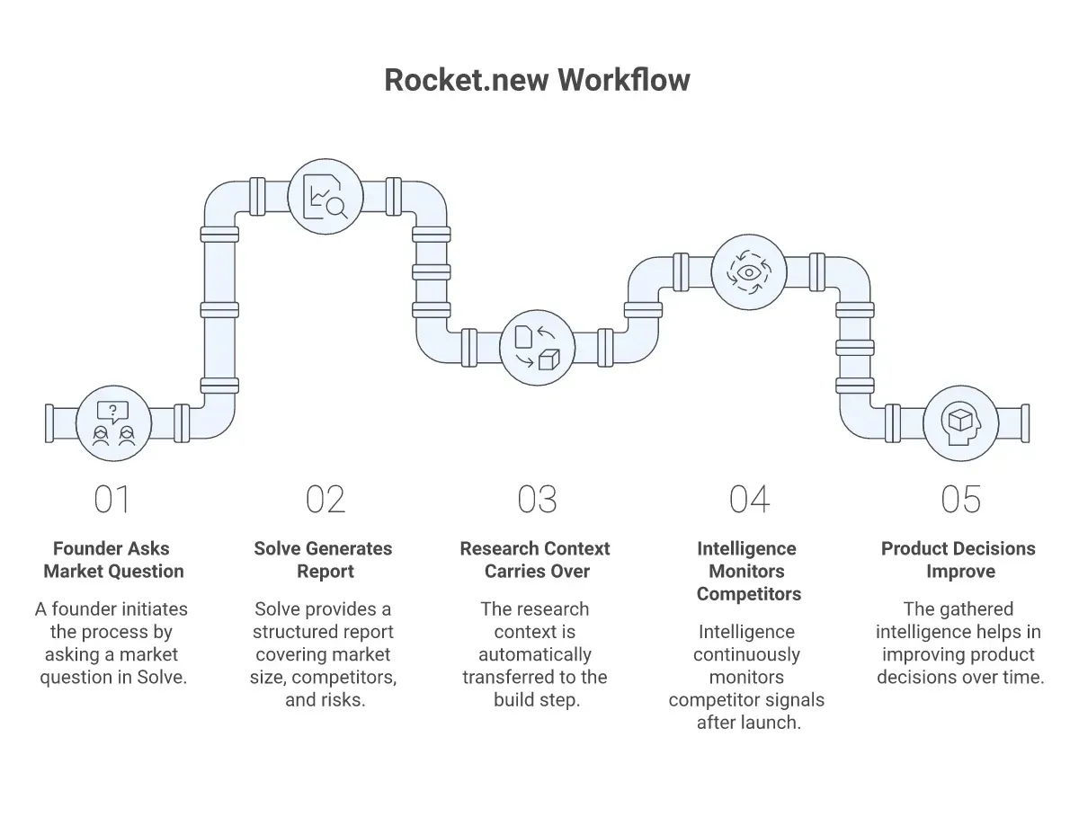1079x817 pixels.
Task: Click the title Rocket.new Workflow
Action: [537, 80]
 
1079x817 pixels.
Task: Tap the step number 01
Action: [112, 500]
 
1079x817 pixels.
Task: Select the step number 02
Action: [325, 500]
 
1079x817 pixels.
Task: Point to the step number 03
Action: [537, 500]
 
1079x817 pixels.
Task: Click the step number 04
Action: [749, 500]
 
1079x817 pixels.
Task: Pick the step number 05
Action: [961, 500]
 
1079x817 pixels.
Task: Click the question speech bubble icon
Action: [112, 412]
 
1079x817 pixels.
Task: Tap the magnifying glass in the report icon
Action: [337, 208]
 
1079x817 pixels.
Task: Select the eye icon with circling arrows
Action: [749, 272]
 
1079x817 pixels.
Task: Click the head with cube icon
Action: [961, 423]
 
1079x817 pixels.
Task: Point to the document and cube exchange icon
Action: [537, 347]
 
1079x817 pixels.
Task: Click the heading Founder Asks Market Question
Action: [113, 560]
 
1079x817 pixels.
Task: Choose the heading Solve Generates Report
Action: [324, 560]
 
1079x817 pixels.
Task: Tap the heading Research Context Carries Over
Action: [535, 560]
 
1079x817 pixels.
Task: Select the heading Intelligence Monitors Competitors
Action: [748, 571]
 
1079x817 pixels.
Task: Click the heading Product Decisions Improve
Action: [959, 560]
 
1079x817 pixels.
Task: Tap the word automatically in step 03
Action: [535, 655]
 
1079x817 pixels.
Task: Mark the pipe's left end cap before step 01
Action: [49, 423]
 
